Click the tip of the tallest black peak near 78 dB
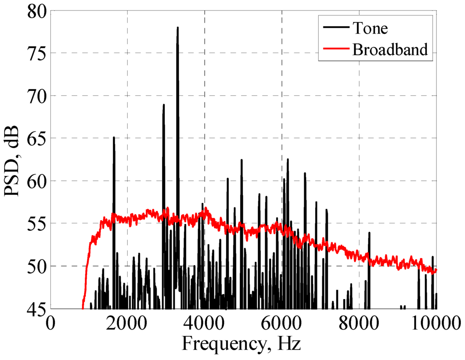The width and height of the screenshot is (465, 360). pos(178,28)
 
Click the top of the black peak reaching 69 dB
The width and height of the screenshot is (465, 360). pos(163,105)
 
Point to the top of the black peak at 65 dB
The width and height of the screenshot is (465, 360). pos(114,137)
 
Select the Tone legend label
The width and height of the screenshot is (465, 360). pos(370,28)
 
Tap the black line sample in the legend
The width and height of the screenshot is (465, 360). pos(337,28)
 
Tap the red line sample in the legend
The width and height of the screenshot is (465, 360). pos(337,49)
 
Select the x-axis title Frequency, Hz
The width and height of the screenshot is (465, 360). pos(242,344)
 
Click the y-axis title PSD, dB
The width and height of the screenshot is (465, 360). pos(12,161)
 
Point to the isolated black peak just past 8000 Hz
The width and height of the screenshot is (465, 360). pos(369,233)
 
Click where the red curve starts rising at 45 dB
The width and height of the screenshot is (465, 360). pos(83,308)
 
